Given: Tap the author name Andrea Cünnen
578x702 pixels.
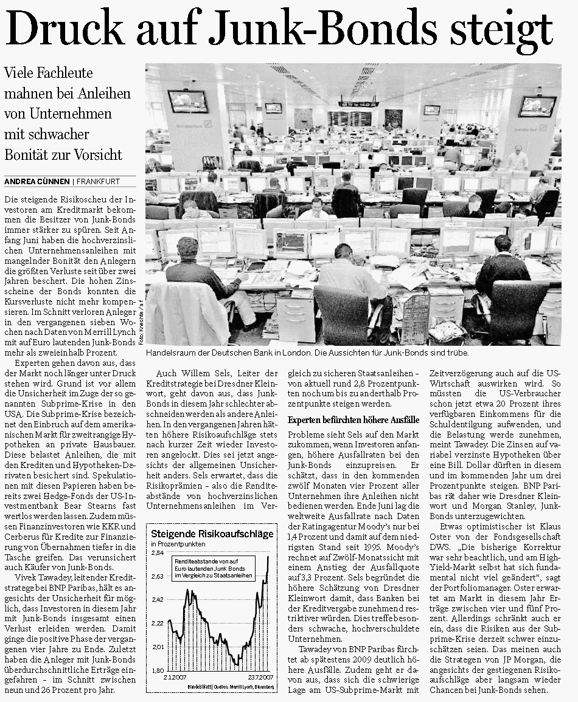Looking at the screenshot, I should point(37,181).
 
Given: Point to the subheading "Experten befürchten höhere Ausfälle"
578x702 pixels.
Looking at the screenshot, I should point(353,419).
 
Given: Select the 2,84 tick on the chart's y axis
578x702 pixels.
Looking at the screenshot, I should point(157,554).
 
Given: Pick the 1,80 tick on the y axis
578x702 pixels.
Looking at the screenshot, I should point(157,670).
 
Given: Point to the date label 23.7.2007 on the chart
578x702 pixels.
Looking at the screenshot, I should point(257,677).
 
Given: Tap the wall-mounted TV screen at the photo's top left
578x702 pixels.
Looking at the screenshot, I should point(187,102).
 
